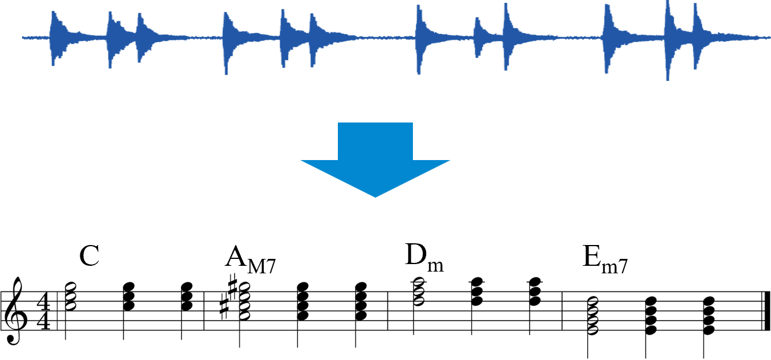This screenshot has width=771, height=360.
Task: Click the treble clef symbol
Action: [14, 310]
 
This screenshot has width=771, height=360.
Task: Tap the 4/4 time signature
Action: [44, 311]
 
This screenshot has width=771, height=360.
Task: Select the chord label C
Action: [89, 255]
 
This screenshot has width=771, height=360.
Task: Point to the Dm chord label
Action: [424, 257]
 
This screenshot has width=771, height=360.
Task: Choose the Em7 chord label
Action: [605, 259]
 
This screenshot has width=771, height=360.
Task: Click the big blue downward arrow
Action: [375, 159]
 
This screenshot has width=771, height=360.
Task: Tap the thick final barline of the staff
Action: [767, 311]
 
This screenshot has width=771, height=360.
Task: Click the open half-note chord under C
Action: [70, 296]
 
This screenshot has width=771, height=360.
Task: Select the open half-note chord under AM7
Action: [245, 301]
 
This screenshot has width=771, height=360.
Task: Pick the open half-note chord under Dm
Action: [419, 292]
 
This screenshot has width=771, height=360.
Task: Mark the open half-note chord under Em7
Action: [593, 316]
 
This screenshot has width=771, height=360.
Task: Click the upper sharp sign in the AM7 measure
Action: [233, 287]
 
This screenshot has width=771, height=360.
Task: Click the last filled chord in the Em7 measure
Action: [709, 316]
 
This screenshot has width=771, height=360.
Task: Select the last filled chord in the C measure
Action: [187, 296]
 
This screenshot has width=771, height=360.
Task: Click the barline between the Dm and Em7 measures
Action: [562, 311]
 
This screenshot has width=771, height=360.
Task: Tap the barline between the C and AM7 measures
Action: [204, 311]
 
